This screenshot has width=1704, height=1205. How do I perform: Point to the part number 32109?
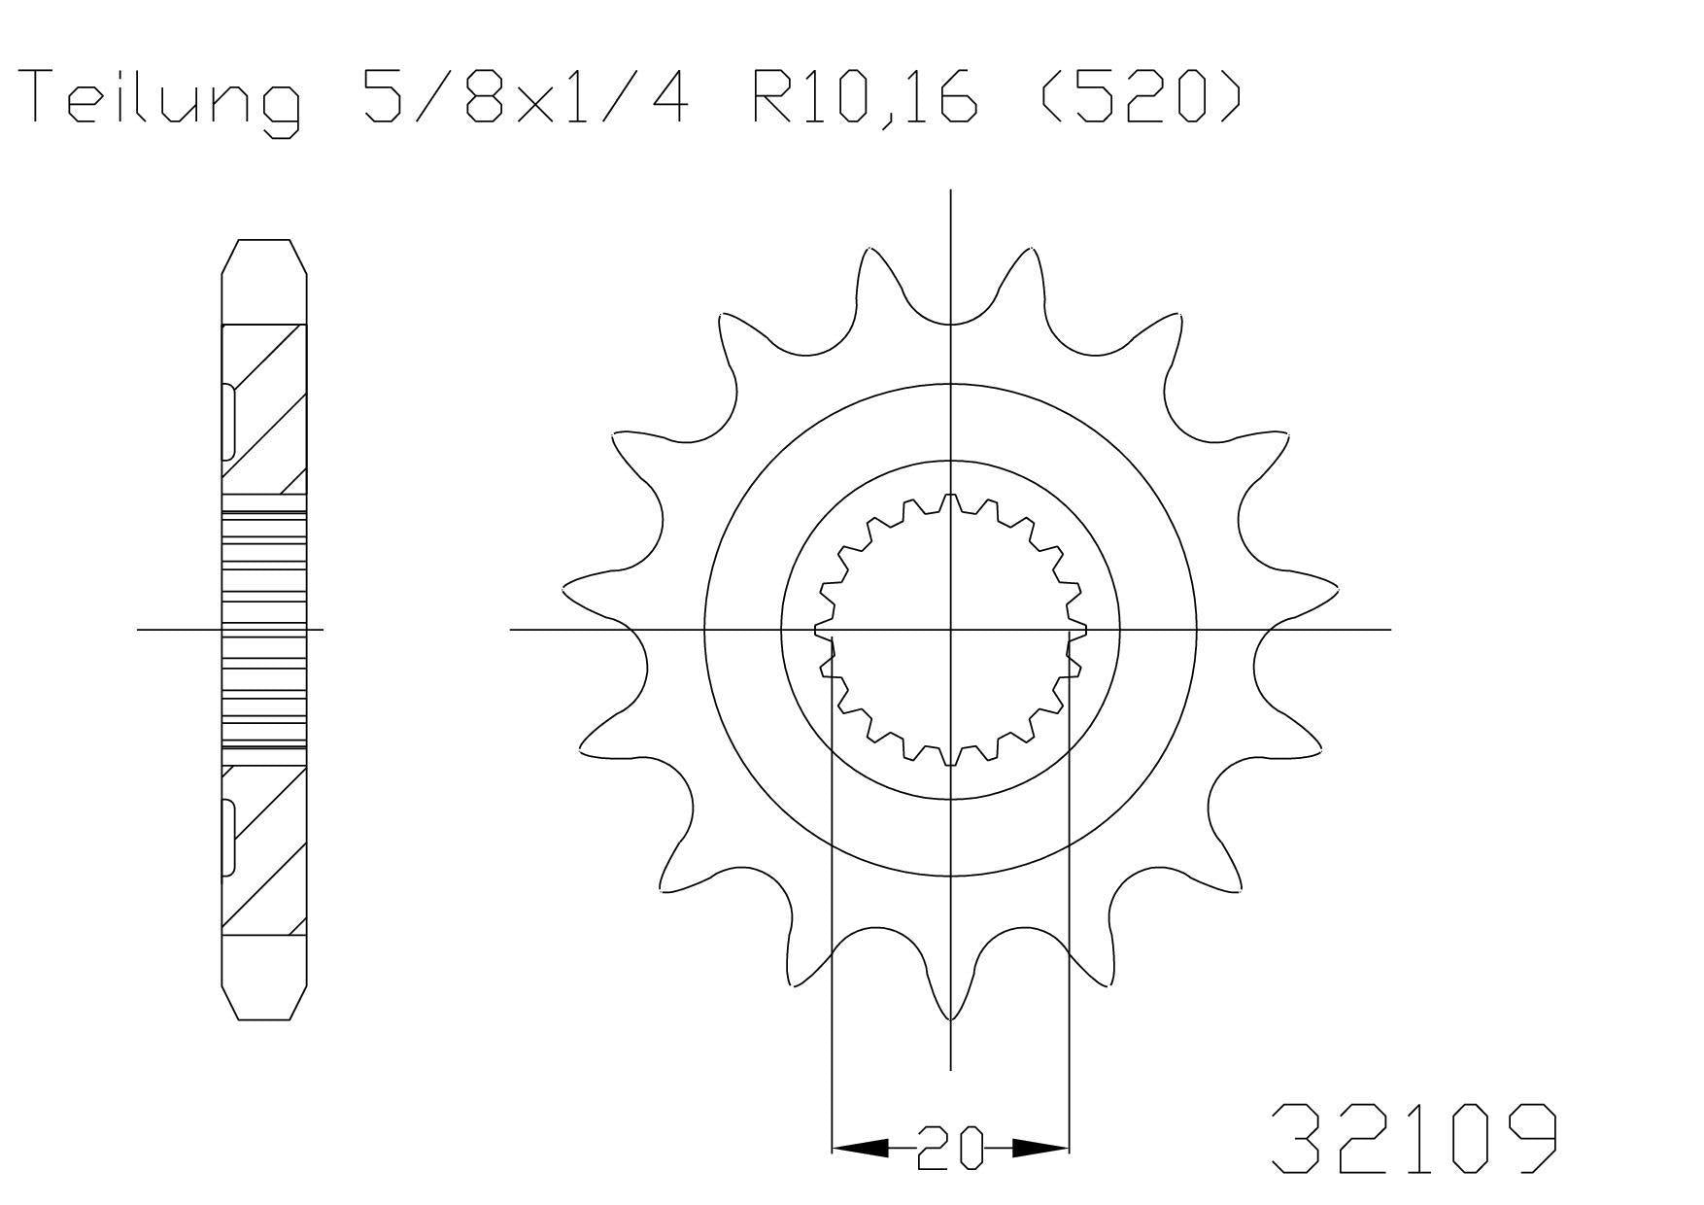coord(1414,1138)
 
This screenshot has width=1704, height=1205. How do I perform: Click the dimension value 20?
coord(950,1149)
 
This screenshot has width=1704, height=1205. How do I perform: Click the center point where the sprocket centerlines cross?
coord(950,630)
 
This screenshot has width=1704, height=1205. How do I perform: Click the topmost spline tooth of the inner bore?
coord(950,502)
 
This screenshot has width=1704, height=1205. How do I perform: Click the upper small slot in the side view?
coord(229,422)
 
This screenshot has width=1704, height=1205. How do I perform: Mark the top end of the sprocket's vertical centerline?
coord(950,192)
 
